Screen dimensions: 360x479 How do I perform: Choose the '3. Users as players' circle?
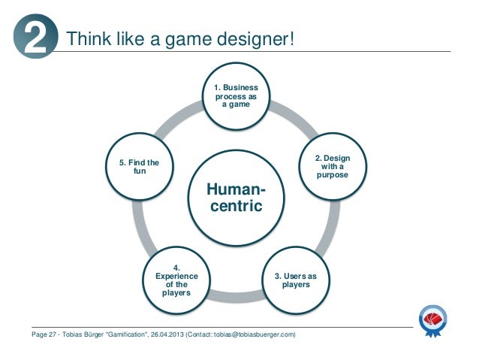[299, 280]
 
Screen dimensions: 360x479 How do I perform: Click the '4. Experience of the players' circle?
[176, 280]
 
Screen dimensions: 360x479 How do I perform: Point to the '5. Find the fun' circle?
[140, 167]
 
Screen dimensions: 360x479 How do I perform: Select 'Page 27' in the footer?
[41, 333]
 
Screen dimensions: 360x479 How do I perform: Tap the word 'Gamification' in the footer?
[129, 333]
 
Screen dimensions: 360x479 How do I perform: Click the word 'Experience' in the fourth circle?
[176, 276]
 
